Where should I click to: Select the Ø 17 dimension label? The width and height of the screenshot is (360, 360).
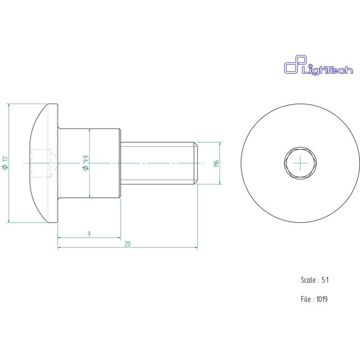(x=6, y=163)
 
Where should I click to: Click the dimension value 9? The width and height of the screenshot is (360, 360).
(x=89, y=234)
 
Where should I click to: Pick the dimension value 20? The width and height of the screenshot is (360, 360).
(x=128, y=243)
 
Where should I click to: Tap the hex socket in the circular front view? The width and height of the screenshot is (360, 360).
(x=298, y=163)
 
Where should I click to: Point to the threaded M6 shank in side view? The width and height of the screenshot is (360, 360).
(x=158, y=163)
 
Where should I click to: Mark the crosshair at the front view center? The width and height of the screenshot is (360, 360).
(x=298, y=163)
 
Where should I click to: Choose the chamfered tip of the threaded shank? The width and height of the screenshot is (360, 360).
(x=196, y=163)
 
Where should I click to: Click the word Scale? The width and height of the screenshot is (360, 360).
(x=308, y=280)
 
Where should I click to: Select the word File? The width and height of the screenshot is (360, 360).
(x=306, y=299)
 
